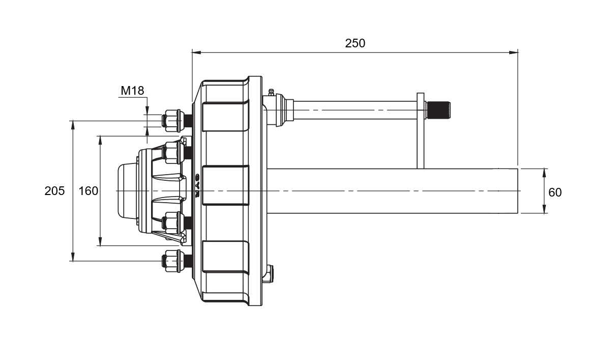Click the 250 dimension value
355,43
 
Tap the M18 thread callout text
132,91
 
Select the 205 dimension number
54,191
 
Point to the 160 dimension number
89,191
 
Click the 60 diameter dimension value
555,192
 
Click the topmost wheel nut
171,121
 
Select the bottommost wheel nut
171,261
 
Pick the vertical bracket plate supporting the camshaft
421,130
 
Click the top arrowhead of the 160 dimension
100,139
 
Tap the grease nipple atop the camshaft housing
271,92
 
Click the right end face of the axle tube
517,191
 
